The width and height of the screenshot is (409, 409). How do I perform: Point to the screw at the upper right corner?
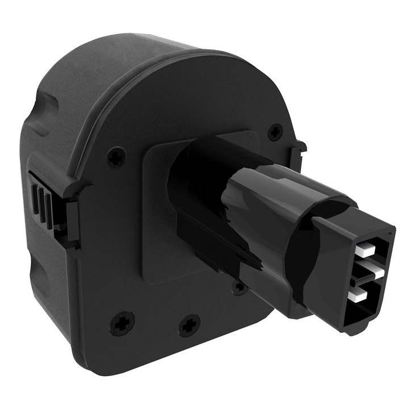click(275, 131)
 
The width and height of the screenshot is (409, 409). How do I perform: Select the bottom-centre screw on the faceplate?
click(189, 326)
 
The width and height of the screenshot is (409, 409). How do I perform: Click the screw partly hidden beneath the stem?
click(239, 288)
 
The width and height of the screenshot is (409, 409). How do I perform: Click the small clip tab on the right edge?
click(297, 149)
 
